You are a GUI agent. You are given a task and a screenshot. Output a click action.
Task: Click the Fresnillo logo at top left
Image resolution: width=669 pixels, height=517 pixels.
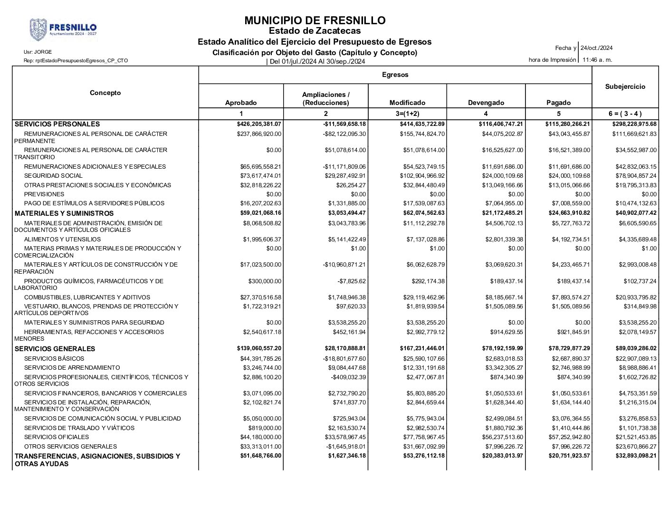pos(63,29)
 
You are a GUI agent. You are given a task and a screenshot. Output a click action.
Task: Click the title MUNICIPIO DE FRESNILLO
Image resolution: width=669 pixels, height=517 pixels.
pos(315,20)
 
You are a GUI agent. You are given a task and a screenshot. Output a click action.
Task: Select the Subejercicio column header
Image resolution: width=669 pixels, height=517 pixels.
pos(625,86)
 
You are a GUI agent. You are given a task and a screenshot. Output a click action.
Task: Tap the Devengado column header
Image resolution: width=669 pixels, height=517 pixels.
pos(486,103)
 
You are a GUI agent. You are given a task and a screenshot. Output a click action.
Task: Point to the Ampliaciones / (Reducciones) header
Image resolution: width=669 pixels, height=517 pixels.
pos(325,99)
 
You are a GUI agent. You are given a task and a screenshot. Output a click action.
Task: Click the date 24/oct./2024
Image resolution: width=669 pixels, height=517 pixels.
pos(596,48)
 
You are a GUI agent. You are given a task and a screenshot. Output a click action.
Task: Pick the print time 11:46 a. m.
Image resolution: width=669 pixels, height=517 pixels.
pos(597,60)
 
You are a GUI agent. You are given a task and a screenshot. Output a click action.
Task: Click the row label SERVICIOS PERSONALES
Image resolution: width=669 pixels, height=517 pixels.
pos(57,124)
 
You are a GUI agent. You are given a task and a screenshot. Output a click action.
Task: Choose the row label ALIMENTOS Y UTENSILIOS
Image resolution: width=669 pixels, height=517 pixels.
pos(62,239)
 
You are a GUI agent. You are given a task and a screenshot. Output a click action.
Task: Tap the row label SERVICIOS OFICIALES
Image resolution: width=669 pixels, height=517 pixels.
pos(56,437)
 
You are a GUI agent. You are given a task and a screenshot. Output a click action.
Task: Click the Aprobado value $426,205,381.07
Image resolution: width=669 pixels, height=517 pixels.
pos(259,124)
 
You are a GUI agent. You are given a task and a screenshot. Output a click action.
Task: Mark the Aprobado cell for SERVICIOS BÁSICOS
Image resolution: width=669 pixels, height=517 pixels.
pos(262,359)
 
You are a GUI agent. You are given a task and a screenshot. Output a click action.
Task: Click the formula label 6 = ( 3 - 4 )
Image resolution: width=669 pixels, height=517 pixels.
pos(625,114)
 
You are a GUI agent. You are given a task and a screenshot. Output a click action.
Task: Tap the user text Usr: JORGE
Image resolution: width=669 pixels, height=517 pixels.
pos(38,52)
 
